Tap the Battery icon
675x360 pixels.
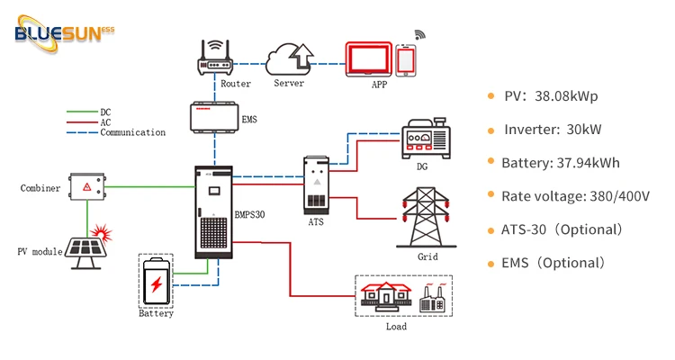[156, 281]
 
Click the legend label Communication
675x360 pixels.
[132, 132]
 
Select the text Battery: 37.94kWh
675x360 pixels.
[562, 163]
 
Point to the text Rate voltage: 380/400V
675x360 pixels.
[577, 196]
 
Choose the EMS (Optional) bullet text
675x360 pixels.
[553, 263]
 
